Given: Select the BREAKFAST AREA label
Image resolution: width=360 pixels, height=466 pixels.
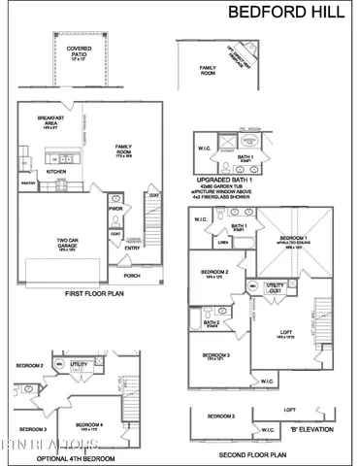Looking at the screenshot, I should tap(51, 120).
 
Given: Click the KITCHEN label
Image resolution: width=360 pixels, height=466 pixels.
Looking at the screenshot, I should tap(55, 171).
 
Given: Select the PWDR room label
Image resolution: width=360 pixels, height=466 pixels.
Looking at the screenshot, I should tap(115, 209).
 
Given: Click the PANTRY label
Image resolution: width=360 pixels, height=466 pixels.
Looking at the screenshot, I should tap(28, 181).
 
